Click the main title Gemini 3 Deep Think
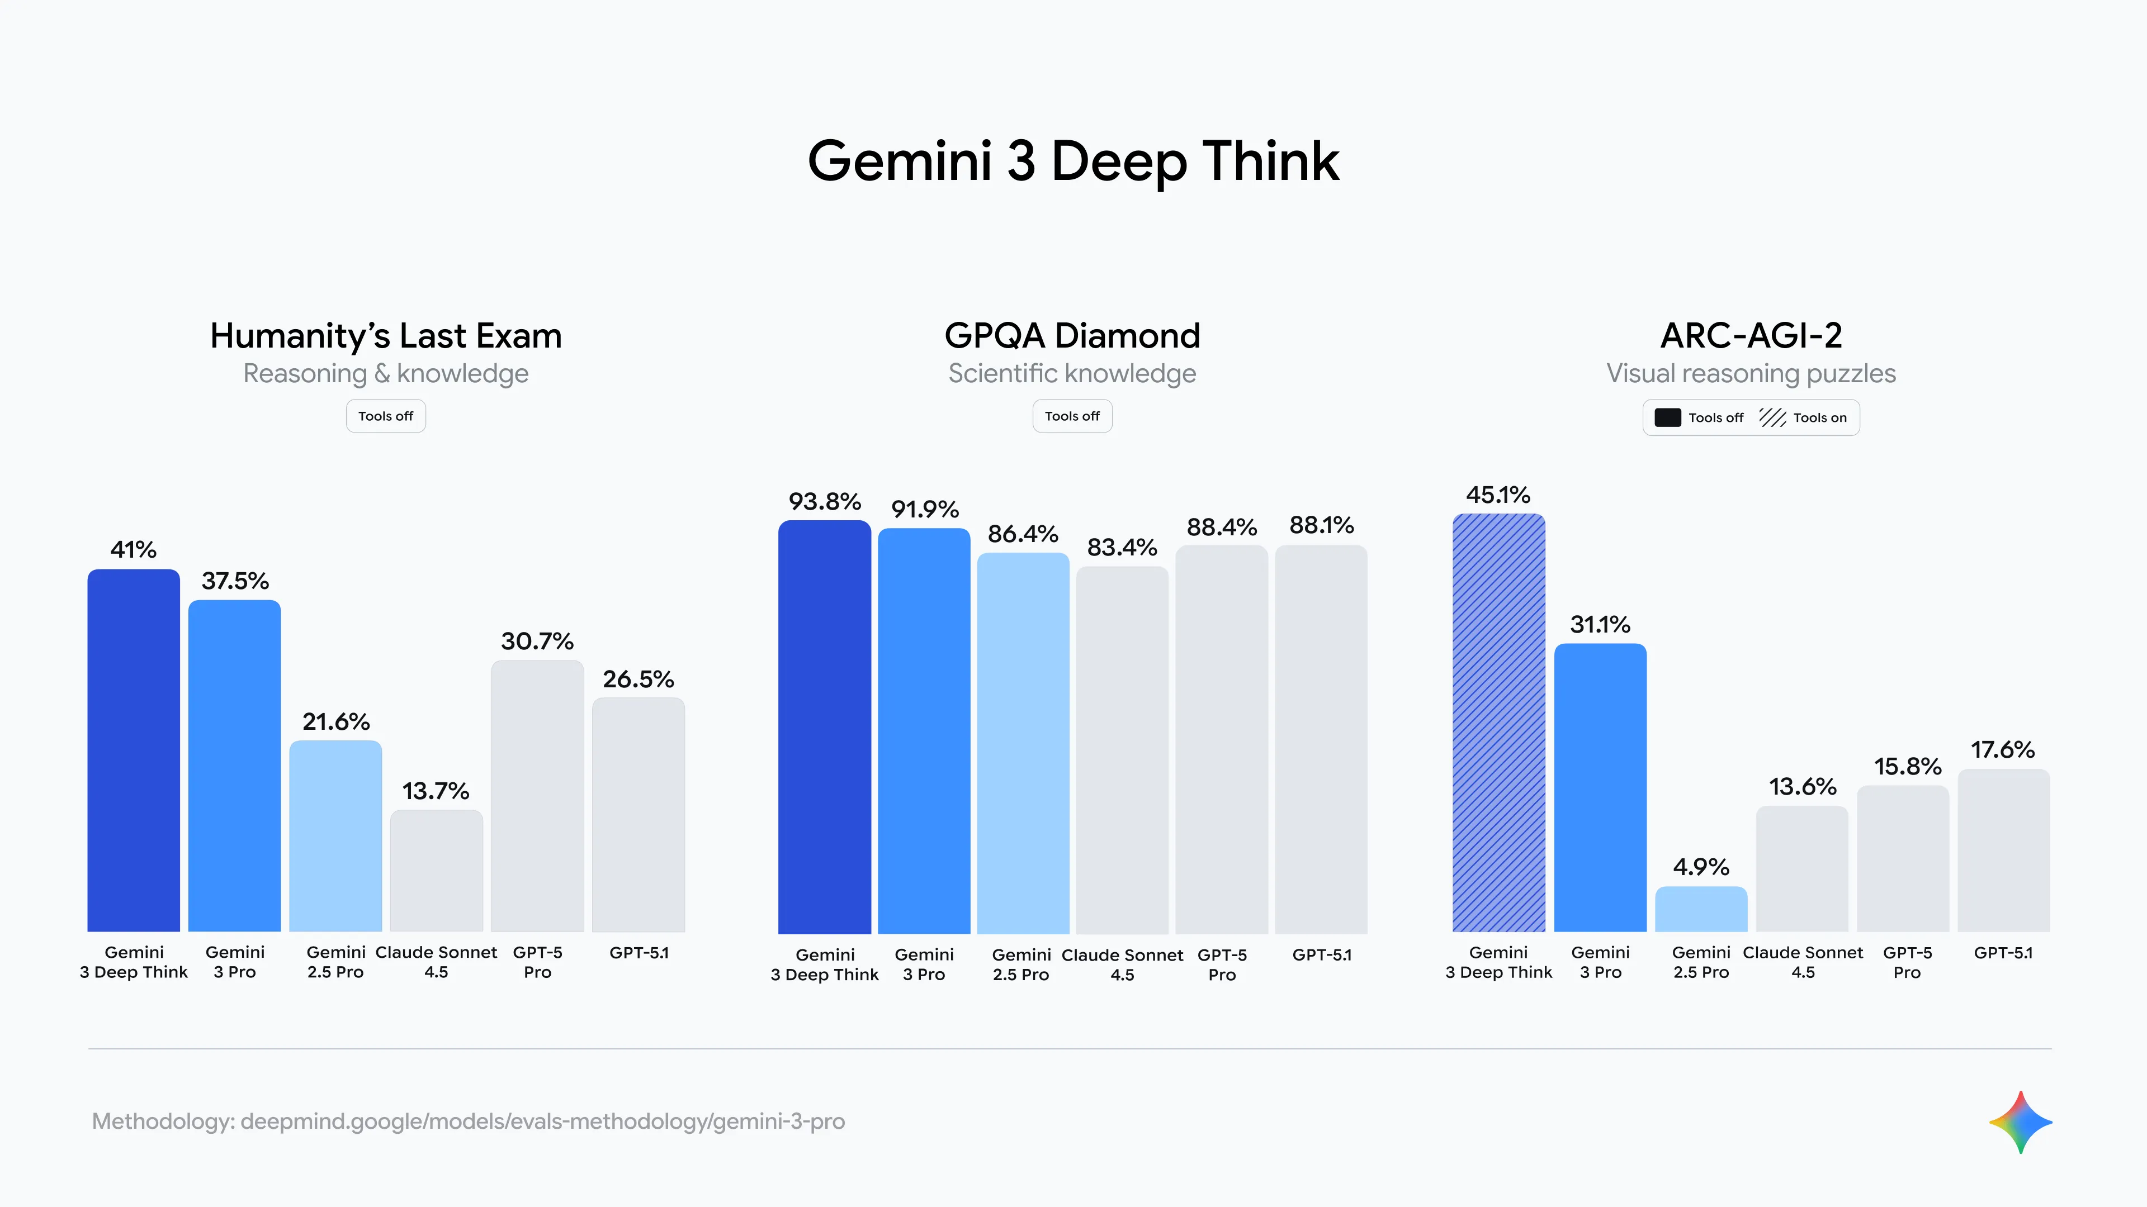coord(1073,161)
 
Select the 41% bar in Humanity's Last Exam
coord(134,750)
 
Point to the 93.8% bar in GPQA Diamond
coord(824,726)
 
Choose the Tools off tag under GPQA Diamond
coord(1072,416)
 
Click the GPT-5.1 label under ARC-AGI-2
coord(2003,952)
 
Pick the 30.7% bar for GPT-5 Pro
coord(537,796)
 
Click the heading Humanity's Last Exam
coord(386,336)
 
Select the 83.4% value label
coord(1122,547)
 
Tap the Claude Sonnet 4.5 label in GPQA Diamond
coord(1122,964)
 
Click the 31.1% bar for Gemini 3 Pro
coord(1600,787)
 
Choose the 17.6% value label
coord(2002,750)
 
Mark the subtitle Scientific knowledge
coord(1072,373)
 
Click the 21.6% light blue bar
coord(335,835)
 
